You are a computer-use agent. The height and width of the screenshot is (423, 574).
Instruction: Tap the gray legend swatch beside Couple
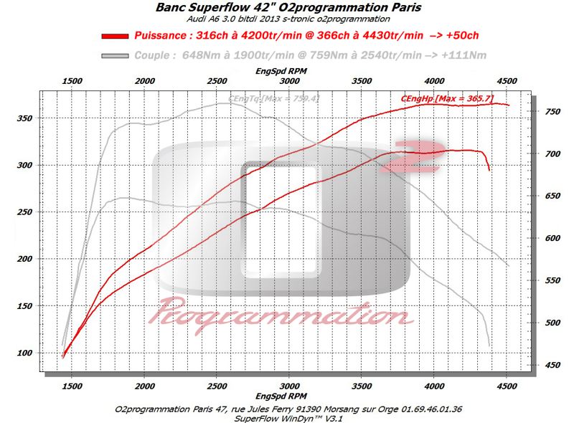tap(117, 55)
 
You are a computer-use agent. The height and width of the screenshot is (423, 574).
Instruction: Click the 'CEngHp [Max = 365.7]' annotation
tap(447, 98)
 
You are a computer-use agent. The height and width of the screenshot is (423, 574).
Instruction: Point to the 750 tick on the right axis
tap(552, 112)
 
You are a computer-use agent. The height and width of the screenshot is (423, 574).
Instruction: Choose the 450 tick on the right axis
tap(552, 366)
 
